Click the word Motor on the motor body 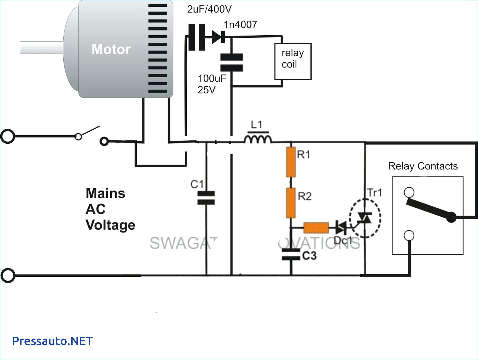tap(111, 49)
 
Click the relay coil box tap(292, 62)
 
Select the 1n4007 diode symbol tap(218, 37)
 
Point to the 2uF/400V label tap(209, 9)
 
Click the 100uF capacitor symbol tap(231, 62)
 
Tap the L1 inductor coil tap(258, 139)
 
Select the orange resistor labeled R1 tap(291, 162)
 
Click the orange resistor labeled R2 tap(291, 203)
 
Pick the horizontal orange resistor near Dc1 tap(316, 228)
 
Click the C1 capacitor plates tap(206, 198)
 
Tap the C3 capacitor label tap(309, 256)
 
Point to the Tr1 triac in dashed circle tap(365, 218)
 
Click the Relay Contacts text tap(423, 166)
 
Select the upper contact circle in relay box tap(409, 192)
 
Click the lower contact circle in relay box tap(409, 235)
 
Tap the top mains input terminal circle tap(7, 137)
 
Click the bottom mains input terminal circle tap(8, 275)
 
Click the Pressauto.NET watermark tap(52, 341)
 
